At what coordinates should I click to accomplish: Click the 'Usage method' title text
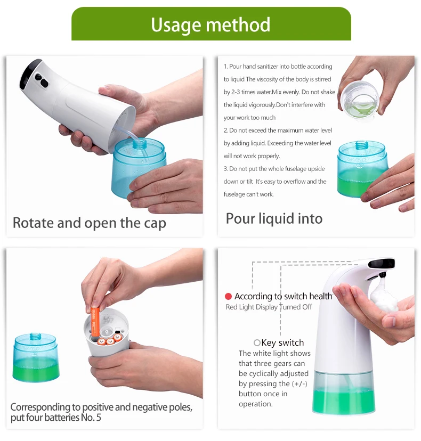click(210, 24)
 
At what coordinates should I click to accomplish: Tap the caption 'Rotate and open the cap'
click(90, 223)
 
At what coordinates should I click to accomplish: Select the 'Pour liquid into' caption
click(274, 219)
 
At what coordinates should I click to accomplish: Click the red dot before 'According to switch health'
click(228, 296)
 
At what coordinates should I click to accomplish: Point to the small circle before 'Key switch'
click(257, 342)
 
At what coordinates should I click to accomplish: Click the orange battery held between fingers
click(95, 322)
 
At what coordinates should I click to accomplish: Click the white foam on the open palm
click(383, 295)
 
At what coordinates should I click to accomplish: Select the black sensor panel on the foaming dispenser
click(382, 263)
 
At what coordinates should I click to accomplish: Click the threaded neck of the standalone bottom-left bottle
click(35, 336)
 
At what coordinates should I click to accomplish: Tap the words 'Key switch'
click(282, 343)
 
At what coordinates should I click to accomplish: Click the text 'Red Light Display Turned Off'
click(269, 307)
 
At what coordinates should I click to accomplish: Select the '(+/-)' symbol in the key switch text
click(299, 383)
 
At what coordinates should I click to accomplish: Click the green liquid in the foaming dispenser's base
click(343, 401)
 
